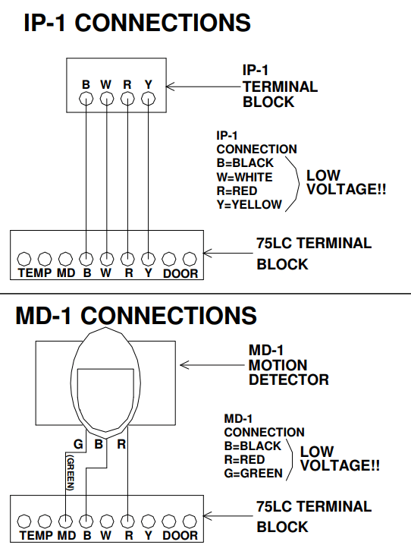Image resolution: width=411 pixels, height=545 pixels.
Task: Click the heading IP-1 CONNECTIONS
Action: pyautogui.click(x=136, y=23)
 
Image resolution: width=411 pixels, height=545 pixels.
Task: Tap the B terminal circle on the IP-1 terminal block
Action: pyautogui.click(x=86, y=98)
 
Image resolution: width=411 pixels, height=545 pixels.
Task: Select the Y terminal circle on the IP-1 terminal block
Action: pyautogui.click(x=149, y=98)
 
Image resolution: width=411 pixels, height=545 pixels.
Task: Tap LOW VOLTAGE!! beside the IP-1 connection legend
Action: pyautogui.click(x=346, y=183)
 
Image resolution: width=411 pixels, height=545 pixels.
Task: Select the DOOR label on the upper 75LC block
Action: pyautogui.click(x=180, y=273)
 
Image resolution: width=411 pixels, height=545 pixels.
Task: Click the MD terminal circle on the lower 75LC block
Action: pyautogui.click(x=66, y=522)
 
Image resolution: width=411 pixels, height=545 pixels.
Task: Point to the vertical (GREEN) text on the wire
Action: pyautogui.click(x=69, y=474)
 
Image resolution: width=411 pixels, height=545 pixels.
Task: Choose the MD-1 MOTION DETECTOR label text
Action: pyautogui.click(x=288, y=365)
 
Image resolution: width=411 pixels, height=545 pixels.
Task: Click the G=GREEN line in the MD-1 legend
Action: pyautogui.click(x=253, y=473)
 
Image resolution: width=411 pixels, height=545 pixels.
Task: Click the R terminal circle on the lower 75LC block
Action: pyautogui.click(x=128, y=522)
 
